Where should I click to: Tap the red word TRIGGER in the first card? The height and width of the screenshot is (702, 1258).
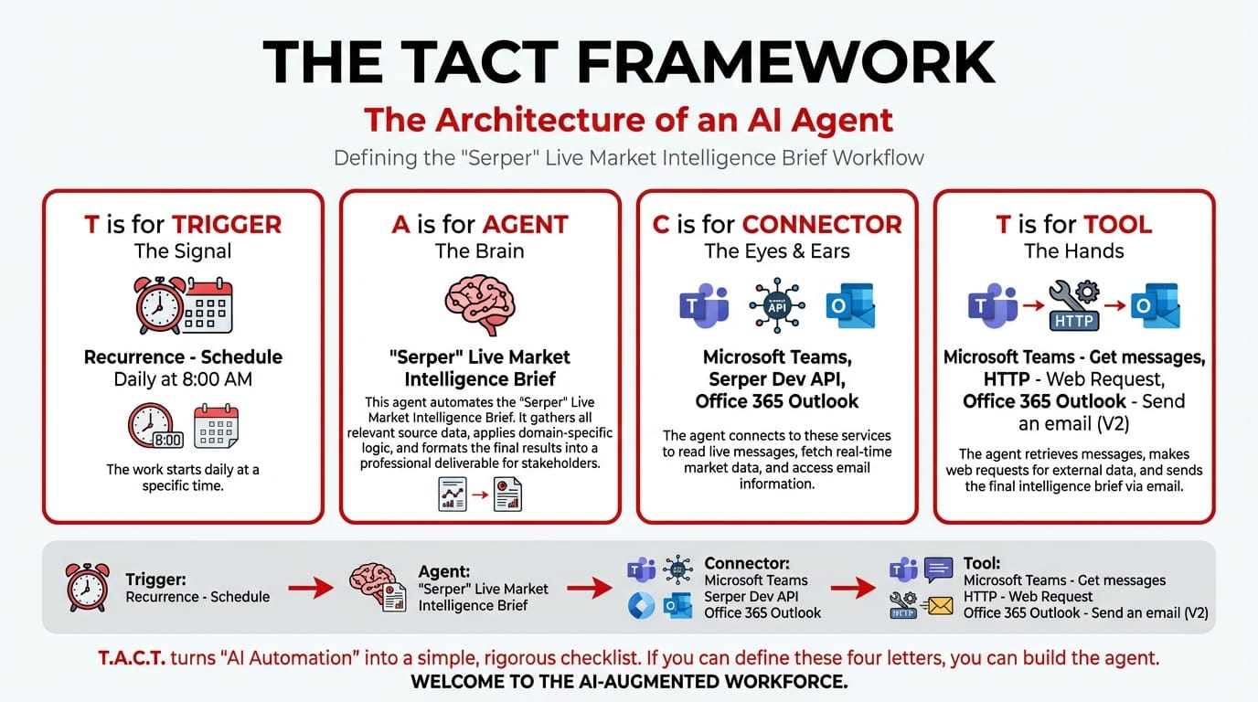(227, 224)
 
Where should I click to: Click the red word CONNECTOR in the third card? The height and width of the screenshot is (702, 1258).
(822, 224)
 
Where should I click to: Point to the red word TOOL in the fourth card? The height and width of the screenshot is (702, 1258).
(1117, 224)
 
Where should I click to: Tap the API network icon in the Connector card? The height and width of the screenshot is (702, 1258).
(776, 306)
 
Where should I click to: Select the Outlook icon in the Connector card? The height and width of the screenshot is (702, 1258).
(849, 306)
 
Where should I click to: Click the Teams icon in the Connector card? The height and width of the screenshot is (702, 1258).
(703, 306)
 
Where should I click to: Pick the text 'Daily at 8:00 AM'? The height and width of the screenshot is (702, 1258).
(183, 379)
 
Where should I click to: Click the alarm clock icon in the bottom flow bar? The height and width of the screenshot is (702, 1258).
(88, 587)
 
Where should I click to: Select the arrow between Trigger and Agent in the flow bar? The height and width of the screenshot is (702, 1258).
(311, 588)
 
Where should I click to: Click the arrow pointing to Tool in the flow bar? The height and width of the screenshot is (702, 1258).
(853, 588)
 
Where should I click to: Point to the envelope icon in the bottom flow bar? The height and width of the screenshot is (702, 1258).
(939, 604)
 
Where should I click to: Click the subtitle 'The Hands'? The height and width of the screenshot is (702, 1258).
(1074, 250)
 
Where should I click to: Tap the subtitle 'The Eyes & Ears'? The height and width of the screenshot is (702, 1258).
(776, 250)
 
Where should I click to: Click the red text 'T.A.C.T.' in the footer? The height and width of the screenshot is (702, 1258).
(132, 657)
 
